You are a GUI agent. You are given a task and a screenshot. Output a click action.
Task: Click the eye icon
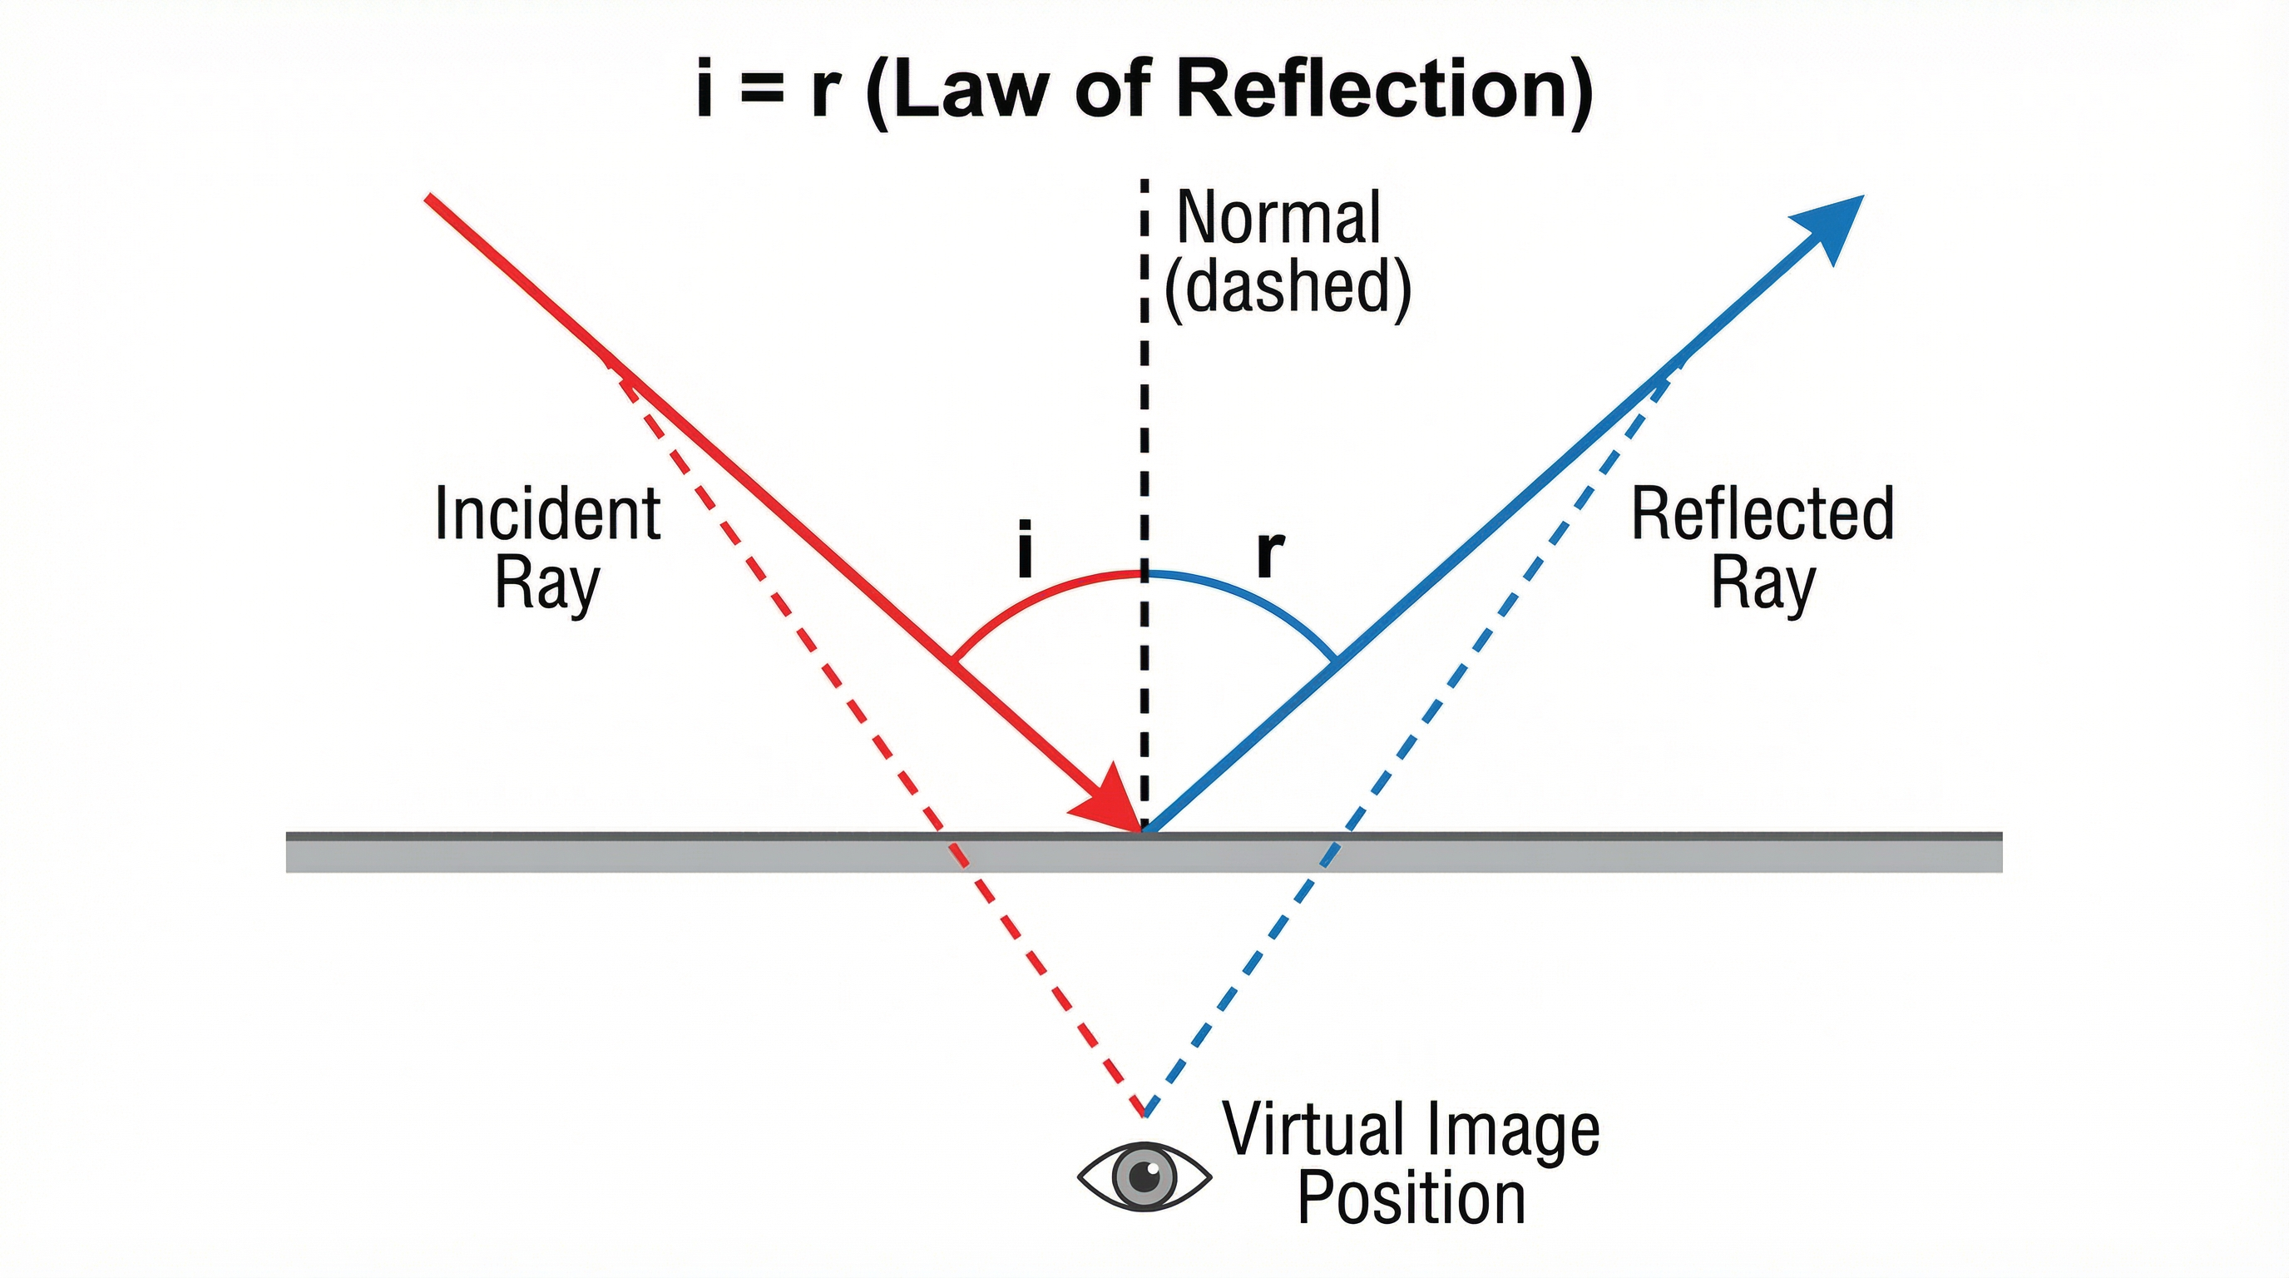click(x=1144, y=1176)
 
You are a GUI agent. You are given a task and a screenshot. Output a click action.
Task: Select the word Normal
click(x=1278, y=218)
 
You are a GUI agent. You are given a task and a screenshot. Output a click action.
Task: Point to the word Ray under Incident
click(x=547, y=585)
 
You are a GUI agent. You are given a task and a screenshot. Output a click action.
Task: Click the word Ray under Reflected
click(x=1763, y=585)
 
